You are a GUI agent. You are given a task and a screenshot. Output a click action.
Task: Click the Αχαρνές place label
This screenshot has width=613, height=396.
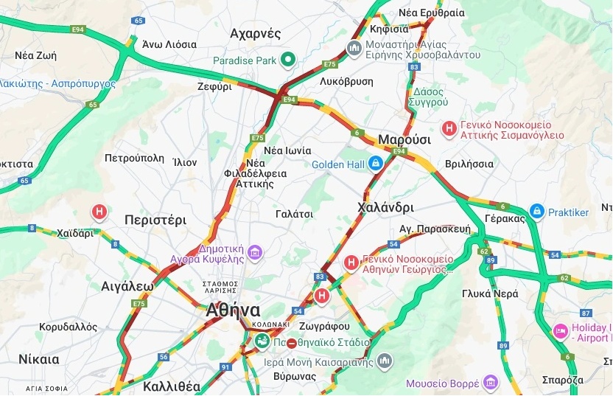pos(256,34)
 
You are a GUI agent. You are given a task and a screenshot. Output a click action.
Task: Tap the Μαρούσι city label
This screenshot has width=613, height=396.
pos(404,139)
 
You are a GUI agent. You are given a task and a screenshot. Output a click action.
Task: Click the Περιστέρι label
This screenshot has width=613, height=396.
pos(155,220)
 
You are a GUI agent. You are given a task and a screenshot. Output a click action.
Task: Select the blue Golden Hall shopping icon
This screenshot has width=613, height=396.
pos(375,164)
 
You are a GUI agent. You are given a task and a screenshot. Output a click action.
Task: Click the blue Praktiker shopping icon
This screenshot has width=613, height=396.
pos(536,212)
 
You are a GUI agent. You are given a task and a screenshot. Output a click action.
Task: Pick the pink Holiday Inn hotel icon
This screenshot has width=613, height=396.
pos(561,332)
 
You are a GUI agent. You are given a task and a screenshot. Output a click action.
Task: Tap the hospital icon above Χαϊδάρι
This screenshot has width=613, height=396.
pos(100,212)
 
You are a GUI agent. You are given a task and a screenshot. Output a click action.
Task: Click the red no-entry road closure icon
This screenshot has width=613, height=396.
pos(292,343)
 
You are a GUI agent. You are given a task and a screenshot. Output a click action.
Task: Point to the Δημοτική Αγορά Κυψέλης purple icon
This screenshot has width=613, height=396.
pos(255,254)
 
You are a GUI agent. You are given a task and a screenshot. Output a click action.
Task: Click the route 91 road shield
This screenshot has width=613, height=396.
pos(225,367)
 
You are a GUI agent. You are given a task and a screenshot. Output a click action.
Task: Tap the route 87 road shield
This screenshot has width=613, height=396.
pos(586,313)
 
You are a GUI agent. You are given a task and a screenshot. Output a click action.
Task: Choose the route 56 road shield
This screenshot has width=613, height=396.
pos(164,357)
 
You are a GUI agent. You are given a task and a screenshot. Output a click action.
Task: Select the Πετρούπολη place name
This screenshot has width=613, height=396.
pos(134,158)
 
